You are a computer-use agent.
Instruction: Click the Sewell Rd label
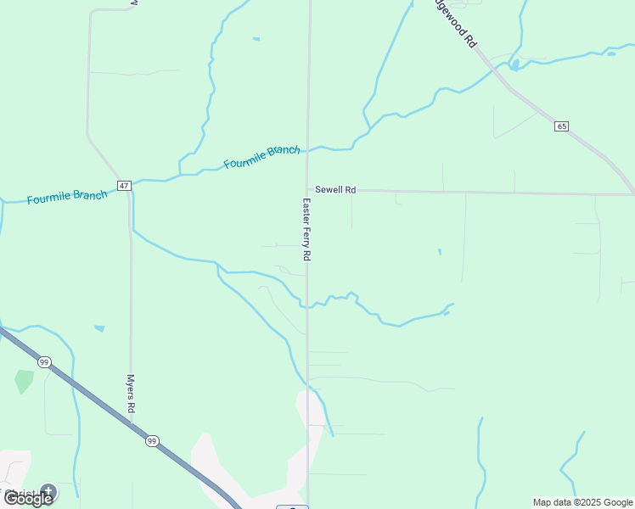pos(334,190)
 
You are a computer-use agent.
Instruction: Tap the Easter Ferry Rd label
pos(307,229)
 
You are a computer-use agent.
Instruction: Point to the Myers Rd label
pos(132,394)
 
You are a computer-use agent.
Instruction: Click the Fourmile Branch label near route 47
pos(67,197)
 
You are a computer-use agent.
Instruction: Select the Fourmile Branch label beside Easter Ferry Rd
pos(261,156)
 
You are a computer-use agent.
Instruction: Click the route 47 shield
pos(124,186)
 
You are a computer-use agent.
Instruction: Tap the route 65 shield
pos(562,126)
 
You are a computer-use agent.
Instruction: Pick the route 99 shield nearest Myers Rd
pos(152,441)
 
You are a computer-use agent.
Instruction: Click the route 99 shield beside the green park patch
pos(44,362)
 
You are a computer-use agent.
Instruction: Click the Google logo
pos(27,498)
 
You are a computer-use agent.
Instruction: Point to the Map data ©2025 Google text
pos(582,502)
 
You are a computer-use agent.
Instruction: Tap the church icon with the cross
pos(48,490)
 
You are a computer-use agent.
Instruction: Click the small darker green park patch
pos(24,381)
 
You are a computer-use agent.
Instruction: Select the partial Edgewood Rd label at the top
pos(455,24)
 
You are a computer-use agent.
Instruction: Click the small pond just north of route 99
pos(99,328)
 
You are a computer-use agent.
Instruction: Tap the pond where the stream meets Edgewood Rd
pos(514,64)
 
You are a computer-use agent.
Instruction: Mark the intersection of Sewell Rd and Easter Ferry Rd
pos(307,190)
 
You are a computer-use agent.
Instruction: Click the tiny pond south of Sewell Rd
pos(439,251)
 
